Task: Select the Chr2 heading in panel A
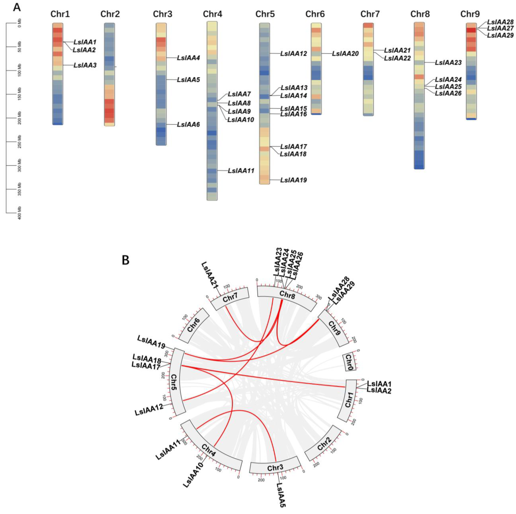point(110,14)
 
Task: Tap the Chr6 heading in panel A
point(315,14)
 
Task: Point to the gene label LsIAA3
point(85,65)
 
